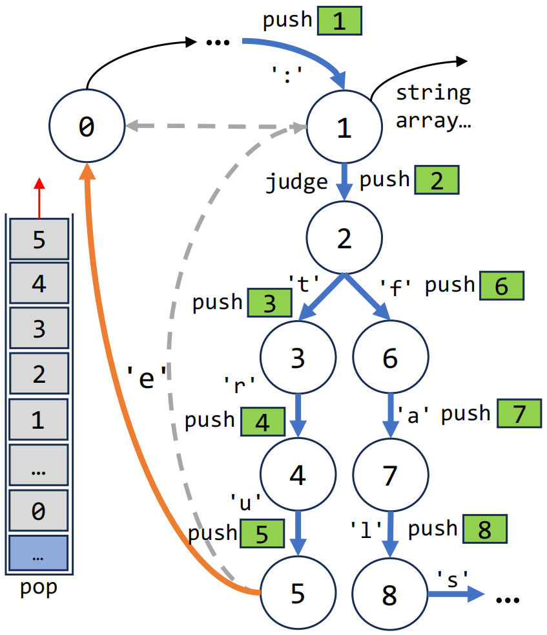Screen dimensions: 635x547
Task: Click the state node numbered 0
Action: (86, 127)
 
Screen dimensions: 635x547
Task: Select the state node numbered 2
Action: (344, 239)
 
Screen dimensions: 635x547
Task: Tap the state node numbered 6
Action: (390, 358)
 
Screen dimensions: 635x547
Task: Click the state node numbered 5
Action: (298, 593)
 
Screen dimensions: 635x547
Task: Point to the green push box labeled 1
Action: (339, 21)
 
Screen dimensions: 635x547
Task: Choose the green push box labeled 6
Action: (501, 286)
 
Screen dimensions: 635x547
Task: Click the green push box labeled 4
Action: (263, 422)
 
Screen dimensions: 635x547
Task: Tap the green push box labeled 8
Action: (484, 530)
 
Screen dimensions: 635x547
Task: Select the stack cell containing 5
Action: (39, 239)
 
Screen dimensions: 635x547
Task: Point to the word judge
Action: (297, 182)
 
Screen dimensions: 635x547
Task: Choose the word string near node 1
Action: (433, 93)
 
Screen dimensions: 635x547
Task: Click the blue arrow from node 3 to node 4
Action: (298, 416)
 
